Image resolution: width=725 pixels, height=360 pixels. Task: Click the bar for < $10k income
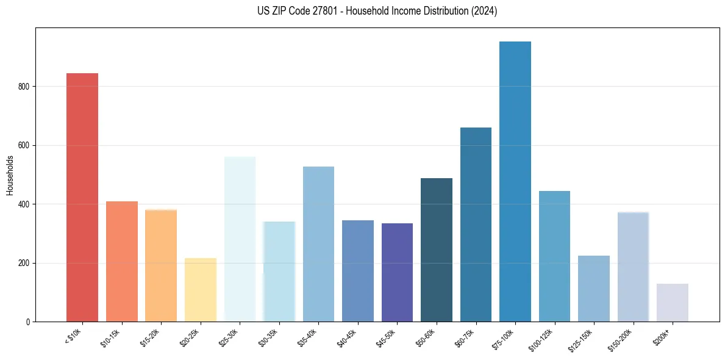point(82,197)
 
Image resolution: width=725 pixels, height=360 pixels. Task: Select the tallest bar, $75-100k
point(515,181)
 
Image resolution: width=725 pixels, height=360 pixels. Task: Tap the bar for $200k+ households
point(672,302)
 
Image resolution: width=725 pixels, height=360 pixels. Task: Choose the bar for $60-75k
point(476,225)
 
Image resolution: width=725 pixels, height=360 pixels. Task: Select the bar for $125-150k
point(593,288)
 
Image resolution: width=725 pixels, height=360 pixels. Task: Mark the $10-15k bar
point(122,261)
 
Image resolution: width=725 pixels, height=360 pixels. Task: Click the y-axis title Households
point(10,175)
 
